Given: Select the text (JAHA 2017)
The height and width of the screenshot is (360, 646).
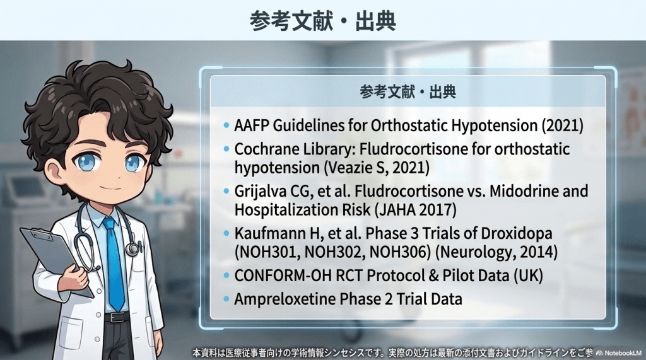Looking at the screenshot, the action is point(415,210).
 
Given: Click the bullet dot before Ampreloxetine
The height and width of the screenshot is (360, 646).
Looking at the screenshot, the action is point(226,299).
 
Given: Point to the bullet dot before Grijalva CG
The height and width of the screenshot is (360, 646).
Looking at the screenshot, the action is point(226,191).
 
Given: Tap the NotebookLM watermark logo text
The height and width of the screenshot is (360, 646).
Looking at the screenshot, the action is point(619,353).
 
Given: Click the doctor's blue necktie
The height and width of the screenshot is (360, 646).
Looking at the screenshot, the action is point(114,264).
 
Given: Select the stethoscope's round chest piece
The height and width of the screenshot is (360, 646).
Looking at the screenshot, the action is point(132,249).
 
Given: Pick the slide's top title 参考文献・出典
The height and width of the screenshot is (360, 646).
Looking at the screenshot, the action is point(322,21).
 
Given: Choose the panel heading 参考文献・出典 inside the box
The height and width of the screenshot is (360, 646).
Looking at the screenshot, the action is point(408,91).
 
